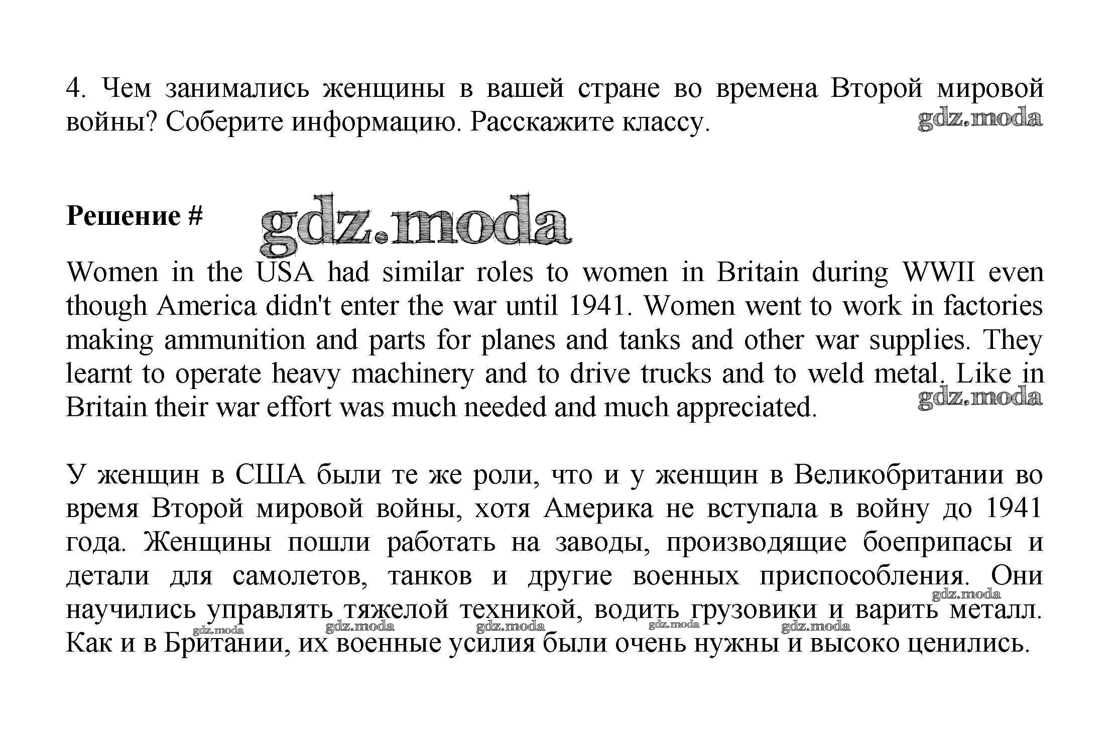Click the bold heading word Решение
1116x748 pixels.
tap(123, 216)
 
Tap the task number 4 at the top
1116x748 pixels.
tap(73, 89)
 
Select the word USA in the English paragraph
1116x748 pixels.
tap(285, 273)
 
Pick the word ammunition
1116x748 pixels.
tap(234, 340)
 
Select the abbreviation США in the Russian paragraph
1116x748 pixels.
tap(269, 475)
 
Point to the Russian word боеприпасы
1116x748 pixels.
tap(937, 542)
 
